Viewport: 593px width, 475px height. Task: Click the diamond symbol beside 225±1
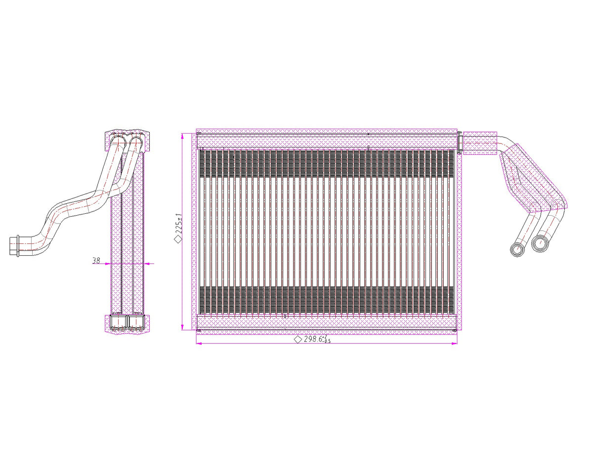177,239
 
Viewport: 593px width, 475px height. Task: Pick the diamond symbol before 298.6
297,340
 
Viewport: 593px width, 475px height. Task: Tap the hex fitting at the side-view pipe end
16,245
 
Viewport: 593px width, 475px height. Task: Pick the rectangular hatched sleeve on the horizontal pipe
478,142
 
